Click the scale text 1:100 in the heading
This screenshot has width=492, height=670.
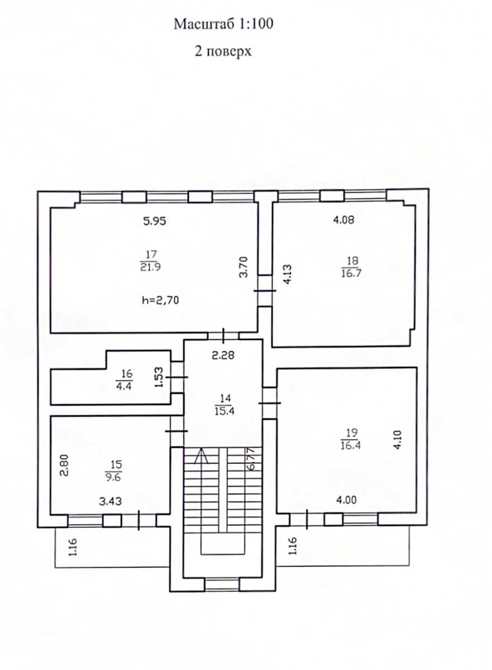coord(255,24)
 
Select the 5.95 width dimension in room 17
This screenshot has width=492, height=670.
coord(154,221)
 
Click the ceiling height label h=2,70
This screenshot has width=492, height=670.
coord(160,300)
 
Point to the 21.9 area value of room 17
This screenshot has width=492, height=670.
coord(150,267)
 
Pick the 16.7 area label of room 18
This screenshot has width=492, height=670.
coord(351,273)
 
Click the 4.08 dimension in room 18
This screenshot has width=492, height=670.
coord(343,220)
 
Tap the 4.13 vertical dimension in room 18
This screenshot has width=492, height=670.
coord(287,274)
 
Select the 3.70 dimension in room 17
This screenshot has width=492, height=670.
coord(243,267)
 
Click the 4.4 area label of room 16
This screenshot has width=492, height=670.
coord(124,386)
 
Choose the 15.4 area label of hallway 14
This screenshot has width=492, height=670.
coord(224,411)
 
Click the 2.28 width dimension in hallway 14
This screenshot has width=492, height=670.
coord(223,355)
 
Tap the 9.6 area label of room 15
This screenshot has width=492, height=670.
coord(113,477)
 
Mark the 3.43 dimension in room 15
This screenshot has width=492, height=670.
coord(111,501)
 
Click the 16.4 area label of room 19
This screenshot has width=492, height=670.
coord(351,446)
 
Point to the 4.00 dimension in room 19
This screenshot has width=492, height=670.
coord(346,500)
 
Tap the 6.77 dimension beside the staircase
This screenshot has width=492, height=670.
coord(251,459)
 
